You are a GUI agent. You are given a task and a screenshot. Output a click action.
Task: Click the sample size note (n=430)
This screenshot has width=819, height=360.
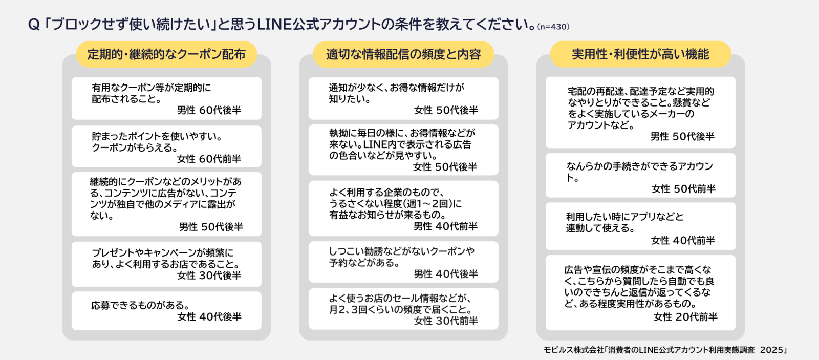click(553, 27)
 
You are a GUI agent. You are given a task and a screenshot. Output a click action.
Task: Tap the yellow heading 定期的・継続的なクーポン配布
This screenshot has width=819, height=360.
click(166, 54)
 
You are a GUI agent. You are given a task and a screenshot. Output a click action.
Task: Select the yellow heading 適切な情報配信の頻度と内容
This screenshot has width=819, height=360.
click(403, 54)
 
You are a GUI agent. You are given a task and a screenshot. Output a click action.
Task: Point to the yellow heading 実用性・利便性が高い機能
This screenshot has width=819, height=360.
click(640, 54)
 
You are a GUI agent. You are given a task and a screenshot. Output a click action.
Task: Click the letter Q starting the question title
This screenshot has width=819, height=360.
click(34, 25)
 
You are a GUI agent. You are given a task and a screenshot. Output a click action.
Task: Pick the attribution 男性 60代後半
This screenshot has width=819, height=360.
click(209, 110)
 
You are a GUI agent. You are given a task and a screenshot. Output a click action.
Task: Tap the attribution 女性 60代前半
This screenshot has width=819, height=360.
click(209, 159)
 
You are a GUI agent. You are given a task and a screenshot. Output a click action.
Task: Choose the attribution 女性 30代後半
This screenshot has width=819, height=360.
click(209, 275)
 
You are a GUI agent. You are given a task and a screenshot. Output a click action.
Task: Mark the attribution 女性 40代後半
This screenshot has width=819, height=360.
click(209, 316)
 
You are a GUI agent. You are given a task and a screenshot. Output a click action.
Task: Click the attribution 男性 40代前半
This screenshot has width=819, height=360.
click(445, 226)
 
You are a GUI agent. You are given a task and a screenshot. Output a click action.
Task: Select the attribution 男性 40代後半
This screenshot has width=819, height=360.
click(446, 273)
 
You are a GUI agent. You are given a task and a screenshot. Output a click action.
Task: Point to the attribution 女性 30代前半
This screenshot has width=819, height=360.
click(446, 321)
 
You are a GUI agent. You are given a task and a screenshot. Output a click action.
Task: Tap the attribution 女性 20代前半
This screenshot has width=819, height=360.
click(685, 317)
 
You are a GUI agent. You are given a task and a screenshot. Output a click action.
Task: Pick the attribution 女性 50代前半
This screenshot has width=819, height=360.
click(683, 189)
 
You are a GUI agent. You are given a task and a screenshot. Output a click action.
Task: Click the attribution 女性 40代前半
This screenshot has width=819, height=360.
click(683, 240)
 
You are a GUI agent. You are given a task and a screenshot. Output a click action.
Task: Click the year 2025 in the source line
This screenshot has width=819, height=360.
click(771, 350)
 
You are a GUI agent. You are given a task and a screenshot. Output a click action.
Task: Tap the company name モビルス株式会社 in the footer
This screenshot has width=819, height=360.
click(574, 350)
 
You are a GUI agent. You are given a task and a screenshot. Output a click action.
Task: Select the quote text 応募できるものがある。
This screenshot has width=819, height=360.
click(140, 305)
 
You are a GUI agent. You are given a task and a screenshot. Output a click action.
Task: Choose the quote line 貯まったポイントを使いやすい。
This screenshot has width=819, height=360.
click(157, 136)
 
